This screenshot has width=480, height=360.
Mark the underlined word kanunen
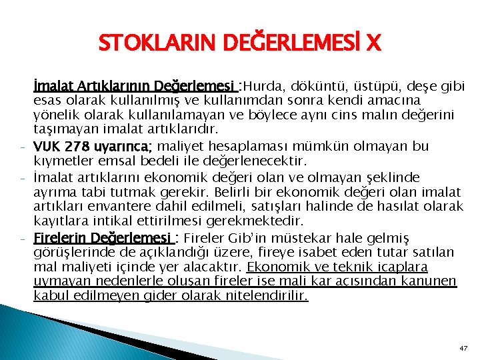tap(431, 282)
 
